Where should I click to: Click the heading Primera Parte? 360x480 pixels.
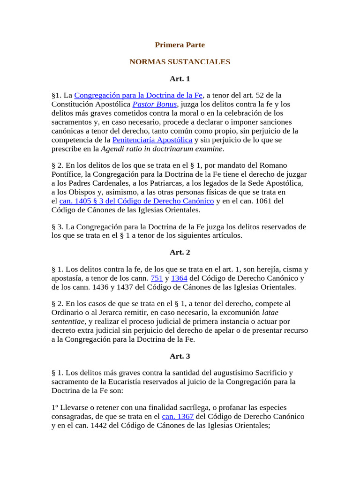point(180,45)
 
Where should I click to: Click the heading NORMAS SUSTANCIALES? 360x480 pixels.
point(180,61)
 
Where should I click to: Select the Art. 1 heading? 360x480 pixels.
point(180,78)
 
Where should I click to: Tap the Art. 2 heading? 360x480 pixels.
point(180,252)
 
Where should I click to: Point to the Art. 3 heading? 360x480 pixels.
point(180,356)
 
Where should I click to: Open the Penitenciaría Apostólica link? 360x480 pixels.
point(152,140)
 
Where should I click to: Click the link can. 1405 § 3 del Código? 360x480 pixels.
point(136,201)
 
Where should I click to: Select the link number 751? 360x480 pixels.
point(157,278)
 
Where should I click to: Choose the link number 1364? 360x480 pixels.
point(179,278)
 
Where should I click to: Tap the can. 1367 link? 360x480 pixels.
point(174,416)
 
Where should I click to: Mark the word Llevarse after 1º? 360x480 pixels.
point(74,407)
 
